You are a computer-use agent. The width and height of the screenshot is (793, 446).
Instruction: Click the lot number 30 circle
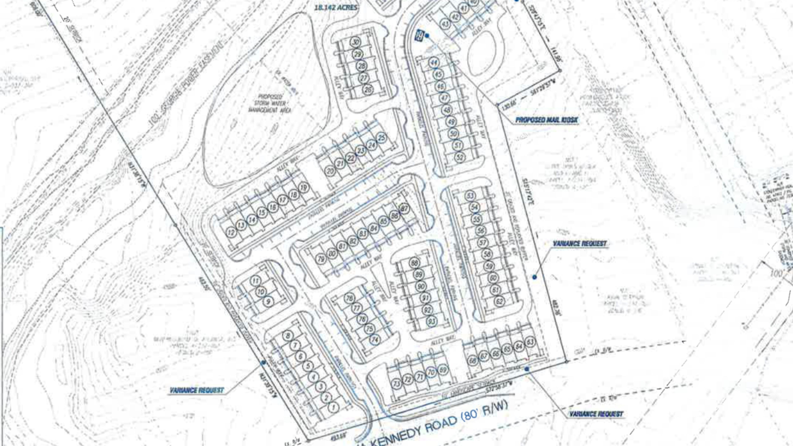(x=356, y=42)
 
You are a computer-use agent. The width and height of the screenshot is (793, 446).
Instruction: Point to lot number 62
(x=499, y=301)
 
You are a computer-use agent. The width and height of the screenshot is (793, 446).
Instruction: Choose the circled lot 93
(x=432, y=321)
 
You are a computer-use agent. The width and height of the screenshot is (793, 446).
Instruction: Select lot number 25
(x=382, y=138)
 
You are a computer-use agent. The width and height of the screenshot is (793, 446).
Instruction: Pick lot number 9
(x=268, y=302)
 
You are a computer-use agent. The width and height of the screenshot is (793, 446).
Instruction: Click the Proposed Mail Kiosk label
(x=546, y=120)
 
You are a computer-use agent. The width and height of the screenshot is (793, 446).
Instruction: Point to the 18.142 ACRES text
(x=336, y=8)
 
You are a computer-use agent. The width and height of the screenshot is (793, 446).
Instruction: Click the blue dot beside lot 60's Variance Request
(x=535, y=277)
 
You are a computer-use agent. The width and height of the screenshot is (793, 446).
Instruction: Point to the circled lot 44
(x=434, y=63)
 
